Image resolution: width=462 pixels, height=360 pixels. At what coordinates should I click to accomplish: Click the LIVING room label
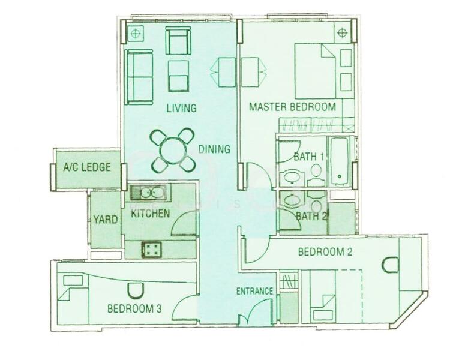(x=181, y=109)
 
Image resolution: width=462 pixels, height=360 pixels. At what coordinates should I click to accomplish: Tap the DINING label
(x=214, y=149)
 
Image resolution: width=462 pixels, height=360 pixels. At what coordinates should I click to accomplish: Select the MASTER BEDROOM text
(x=292, y=107)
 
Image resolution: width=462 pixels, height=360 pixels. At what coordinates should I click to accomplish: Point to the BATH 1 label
(x=309, y=157)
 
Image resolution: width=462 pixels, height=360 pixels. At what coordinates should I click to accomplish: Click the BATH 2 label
(x=311, y=216)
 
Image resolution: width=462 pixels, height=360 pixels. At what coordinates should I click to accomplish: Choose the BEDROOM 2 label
(x=325, y=252)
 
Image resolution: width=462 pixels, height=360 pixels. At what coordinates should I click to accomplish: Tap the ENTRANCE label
(x=254, y=292)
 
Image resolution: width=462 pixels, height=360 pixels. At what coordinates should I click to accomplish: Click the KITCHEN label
(x=150, y=214)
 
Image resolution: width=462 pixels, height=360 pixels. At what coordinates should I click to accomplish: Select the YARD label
(x=105, y=220)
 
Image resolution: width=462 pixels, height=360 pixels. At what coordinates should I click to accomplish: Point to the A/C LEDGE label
(x=87, y=167)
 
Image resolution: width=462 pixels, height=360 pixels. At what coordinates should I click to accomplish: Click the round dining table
(x=172, y=150)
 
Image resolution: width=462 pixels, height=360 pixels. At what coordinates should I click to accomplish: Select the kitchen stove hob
(x=151, y=249)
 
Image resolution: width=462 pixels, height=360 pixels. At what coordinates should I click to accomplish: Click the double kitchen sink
(x=149, y=193)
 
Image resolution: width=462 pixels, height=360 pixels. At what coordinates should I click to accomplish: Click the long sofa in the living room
(x=139, y=77)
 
